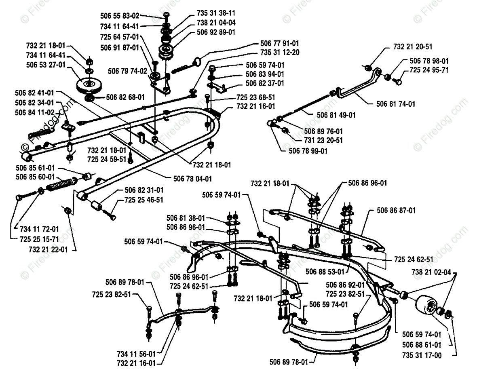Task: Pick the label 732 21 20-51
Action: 412,47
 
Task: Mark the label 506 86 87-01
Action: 397,210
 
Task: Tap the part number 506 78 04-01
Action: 193,178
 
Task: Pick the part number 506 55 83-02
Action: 120,16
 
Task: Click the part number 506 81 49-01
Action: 336,115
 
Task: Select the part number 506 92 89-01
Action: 216,32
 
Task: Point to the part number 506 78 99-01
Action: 308,151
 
